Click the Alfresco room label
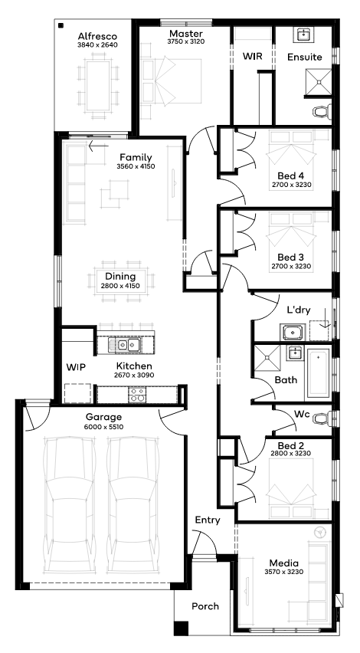pyautogui.click(x=97, y=37)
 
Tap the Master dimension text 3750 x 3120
pyautogui.click(x=186, y=41)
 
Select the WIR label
pyautogui.click(x=253, y=56)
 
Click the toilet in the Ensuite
pyautogui.click(x=322, y=111)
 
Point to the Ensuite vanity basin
pyautogui.click(x=305, y=35)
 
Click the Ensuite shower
pyautogui.click(x=319, y=81)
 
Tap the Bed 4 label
pyautogui.click(x=291, y=176)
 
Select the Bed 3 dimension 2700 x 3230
pyautogui.click(x=291, y=266)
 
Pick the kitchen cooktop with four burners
pyautogui.click(x=137, y=395)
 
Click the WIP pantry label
pyautogui.click(x=76, y=367)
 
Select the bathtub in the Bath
pyautogui.click(x=319, y=372)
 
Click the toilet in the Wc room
pyautogui.click(x=322, y=418)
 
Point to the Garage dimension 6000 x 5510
pyautogui.click(x=104, y=426)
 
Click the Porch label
pyautogui.click(x=205, y=606)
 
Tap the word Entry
pyautogui.click(x=208, y=520)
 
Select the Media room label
pyautogui.click(x=284, y=563)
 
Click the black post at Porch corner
pyautogui.click(x=181, y=628)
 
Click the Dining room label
pyautogui.click(x=120, y=276)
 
